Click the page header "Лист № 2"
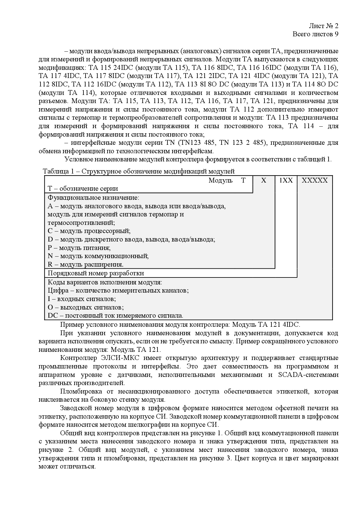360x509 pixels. tap(324, 26)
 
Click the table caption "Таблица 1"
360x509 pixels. tap(59, 171)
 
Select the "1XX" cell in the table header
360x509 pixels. tap(286, 180)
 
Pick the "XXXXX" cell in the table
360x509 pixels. tap(315, 180)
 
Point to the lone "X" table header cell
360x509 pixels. tap(264, 180)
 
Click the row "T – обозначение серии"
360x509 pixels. tap(83, 189)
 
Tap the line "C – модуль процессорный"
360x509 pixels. tap(89, 231)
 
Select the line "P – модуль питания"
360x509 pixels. tap(79, 248)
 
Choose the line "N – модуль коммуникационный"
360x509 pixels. tap(98, 256)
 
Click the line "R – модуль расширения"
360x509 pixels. tap(86, 265)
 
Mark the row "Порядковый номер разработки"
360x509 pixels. tap(96, 273)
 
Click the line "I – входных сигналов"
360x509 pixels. tap(82, 299)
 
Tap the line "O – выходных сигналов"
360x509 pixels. tap(86, 307)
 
